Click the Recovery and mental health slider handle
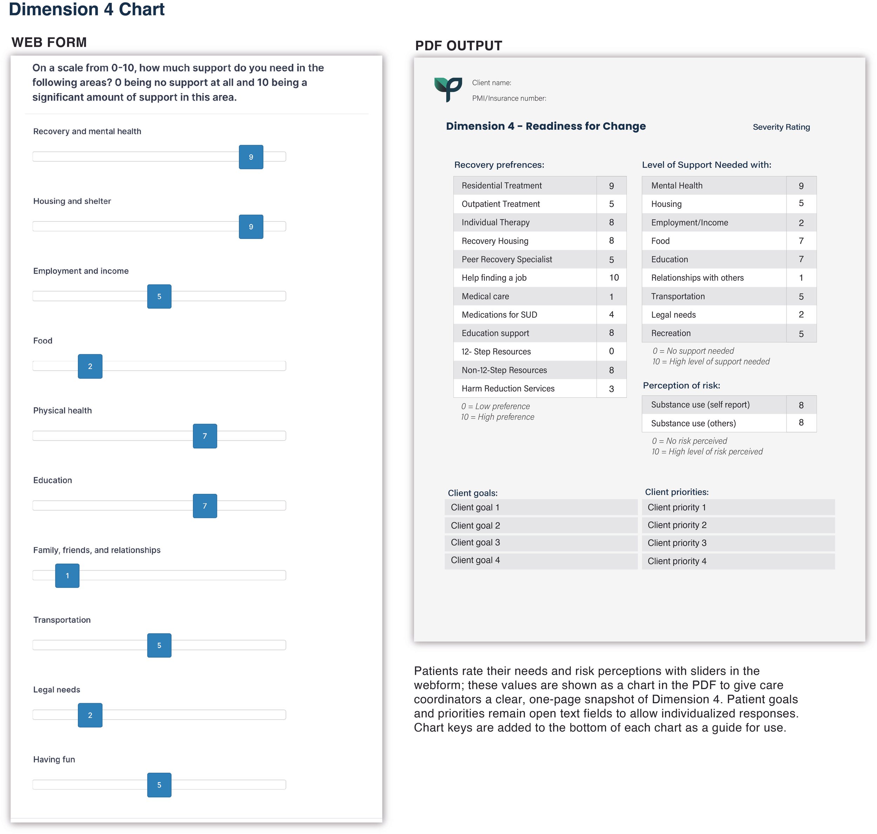pos(251,157)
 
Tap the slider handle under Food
pos(90,366)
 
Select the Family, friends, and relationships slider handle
pos(67,576)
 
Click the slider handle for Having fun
pos(159,785)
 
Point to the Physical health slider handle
pos(205,436)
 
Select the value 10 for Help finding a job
pos(614,278)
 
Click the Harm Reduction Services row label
pos(508,389)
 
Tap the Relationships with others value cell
pos(801,278)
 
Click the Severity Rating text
pos(781,127)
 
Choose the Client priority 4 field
pos(738,561)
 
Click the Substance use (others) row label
pos(693,423)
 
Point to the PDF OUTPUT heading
pos(458,46)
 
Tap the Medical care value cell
pos(611,296)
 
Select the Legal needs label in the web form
pos(56,690)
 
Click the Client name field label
pos(491,83)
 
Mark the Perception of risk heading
pos(681,385)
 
